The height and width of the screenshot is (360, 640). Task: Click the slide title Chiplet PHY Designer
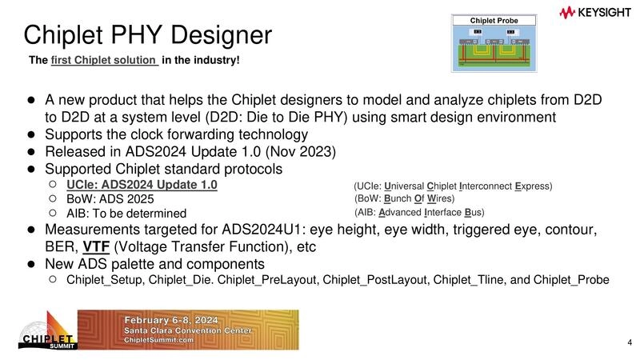pos(147,34)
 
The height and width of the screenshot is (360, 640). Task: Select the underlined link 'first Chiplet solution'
pos(104,61)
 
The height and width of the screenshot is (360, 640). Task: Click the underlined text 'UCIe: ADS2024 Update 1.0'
pos(142,185)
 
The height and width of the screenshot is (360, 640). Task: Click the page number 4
pos(630,343)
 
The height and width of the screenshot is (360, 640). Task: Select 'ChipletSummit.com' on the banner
pos(160,340)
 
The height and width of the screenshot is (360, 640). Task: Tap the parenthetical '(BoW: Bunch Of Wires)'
pos(403,198)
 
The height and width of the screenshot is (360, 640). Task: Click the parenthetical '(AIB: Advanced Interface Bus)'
pos(419,213)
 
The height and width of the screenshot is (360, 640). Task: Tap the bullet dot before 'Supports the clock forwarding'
pos(32,134)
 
